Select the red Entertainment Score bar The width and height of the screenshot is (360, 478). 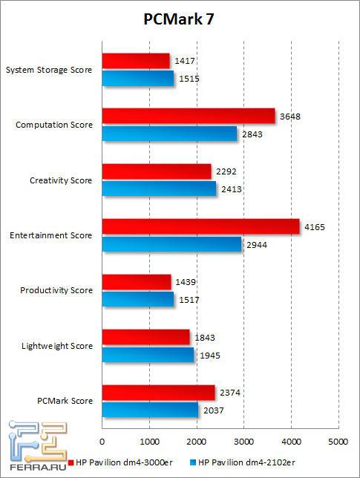[200, 226]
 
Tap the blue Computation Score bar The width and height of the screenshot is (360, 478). [169, 134]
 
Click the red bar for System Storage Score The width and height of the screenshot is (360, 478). [136, 61]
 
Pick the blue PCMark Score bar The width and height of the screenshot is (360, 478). [150, 410]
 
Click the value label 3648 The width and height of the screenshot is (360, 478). [290, 116]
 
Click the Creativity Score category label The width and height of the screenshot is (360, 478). [61, 180]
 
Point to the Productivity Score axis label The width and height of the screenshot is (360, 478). [57, 290]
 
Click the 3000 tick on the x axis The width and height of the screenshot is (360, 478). [243, 441]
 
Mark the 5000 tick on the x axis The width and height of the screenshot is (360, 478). [338, 441]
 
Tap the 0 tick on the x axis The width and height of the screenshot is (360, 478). [102, 441]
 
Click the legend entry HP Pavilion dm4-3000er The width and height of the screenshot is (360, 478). [126, 462]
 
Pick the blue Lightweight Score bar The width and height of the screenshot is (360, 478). [148, 356]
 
